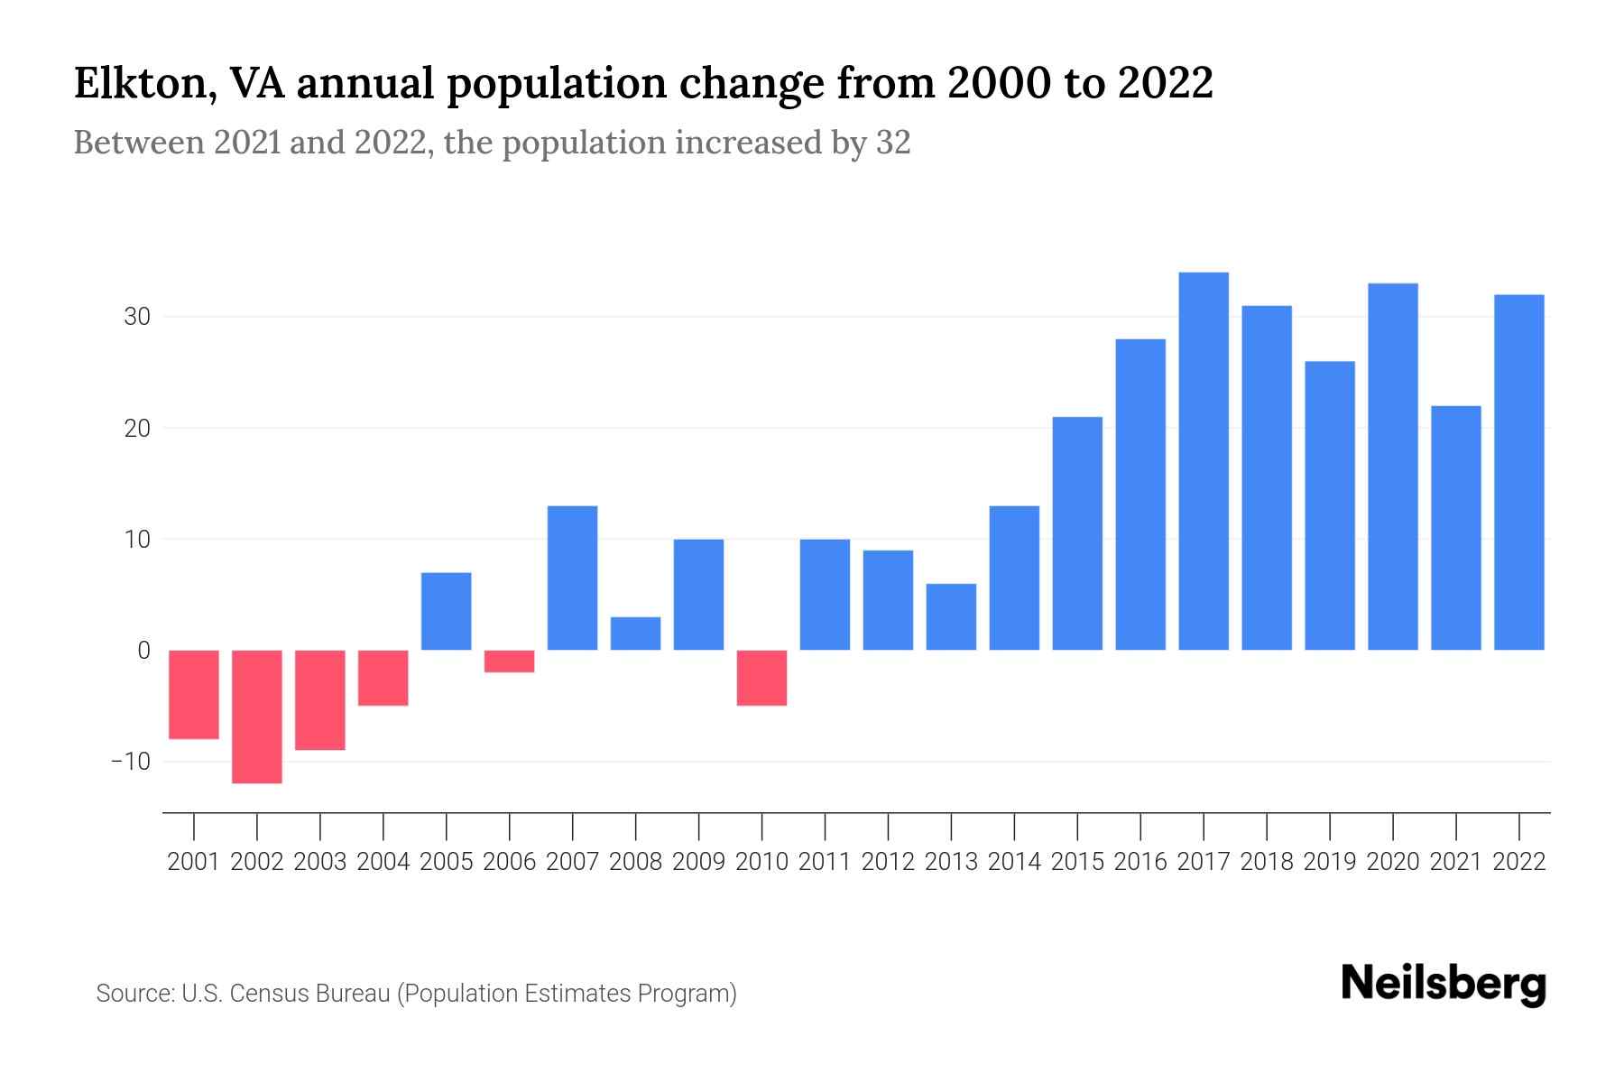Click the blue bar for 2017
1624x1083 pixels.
coord(1204,461)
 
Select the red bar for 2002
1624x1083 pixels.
coord(257,717)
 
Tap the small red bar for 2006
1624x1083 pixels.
coord(510,661)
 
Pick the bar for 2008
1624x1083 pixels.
coord(635,634)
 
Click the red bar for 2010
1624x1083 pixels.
coord(761,678)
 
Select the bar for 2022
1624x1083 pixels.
coord(1519,472)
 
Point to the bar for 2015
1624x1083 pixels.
coord(1077,533)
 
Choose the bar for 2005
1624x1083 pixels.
coord(447,611)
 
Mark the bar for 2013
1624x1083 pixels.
coord(951,616)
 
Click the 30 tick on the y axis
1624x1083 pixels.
coord(137,318)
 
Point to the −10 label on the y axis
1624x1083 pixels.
coord(130,762)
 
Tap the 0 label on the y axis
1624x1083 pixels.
coord(143,651)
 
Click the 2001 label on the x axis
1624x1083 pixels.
coord(194,862)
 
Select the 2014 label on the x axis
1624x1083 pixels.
coord(1014,862)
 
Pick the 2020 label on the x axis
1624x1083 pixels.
coord(1393,862)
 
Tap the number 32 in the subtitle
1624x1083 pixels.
coord(892,143)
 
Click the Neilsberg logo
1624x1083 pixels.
coord(1444,985)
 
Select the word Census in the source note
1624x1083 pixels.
coord(266,994)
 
